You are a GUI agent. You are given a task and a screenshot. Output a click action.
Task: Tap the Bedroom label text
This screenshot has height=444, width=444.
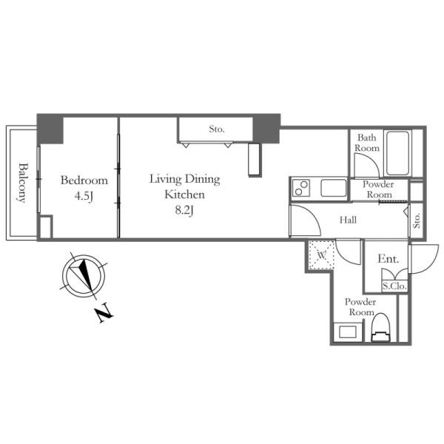point(84,181)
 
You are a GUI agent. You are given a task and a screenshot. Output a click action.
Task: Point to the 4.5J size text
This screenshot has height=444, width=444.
point(84,196)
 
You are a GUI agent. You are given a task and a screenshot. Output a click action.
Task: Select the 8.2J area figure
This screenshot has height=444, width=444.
point(184,210)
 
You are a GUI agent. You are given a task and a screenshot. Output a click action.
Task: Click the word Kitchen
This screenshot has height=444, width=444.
point(184,195)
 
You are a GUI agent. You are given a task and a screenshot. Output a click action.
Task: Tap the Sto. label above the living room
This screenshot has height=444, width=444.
point(217,129)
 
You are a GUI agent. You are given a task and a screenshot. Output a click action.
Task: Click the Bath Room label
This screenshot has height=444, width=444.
point(367,143)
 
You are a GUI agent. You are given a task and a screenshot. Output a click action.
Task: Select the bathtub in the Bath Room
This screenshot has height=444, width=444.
point(397,153)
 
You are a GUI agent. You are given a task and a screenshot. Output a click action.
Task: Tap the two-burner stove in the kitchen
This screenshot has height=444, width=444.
point(300,188)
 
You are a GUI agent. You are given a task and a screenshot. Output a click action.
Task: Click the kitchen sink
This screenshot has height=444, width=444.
point(334,188)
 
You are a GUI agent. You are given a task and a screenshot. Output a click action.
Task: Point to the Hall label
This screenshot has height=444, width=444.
point(348,220)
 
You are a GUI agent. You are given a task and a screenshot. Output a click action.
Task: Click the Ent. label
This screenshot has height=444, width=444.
point(388,258)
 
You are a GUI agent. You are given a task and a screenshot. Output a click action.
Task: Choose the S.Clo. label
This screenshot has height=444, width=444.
point(394,286)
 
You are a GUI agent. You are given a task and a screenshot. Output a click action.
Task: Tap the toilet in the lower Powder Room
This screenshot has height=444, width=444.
point(381,328)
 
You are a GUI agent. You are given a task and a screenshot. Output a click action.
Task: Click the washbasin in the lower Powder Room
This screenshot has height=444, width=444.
point(348,332)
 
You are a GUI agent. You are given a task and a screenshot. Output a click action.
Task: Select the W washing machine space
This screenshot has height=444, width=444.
point(322,255)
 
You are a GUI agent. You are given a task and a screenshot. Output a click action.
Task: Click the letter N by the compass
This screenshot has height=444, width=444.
point(104,313)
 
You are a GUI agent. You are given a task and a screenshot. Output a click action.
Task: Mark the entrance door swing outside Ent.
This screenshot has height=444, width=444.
point(423,258)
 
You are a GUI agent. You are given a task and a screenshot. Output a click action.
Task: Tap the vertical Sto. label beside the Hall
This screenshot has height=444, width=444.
point(417,221)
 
